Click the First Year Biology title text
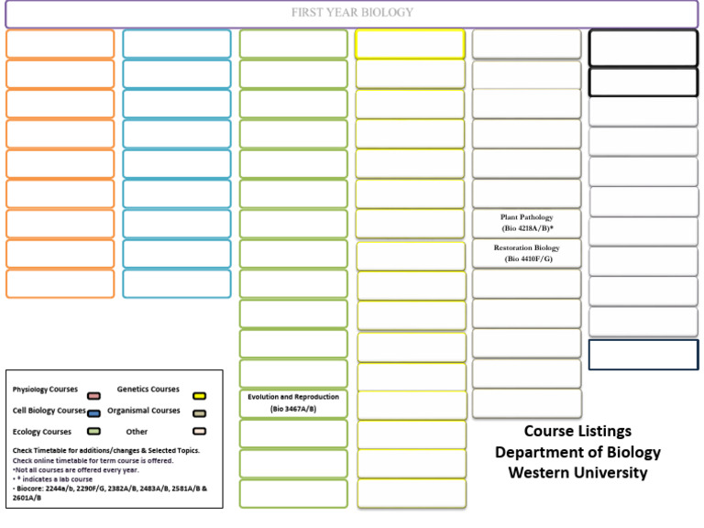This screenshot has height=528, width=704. [x=352, y=13]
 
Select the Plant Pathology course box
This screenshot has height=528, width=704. [x=526, y=223]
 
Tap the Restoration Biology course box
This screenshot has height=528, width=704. [x=526, y=253]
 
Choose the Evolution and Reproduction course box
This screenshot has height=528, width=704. [x=293, y=402]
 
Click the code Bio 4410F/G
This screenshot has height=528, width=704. [x=528, y=259]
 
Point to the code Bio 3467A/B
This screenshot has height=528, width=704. [x=293, y=409]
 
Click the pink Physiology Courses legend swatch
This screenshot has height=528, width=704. [x=93, y=390]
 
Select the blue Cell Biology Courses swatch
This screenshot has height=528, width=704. [x=93, y=412]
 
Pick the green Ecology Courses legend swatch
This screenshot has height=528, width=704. [x=93, y=432]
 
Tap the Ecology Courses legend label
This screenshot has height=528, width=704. [x=42, y=432]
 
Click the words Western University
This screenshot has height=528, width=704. [x=577, y=473]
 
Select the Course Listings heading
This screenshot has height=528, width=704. [x=577, y=431]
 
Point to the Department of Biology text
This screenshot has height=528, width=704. [x=577, y=452]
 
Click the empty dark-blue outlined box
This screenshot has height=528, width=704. [x=643, y=355]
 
